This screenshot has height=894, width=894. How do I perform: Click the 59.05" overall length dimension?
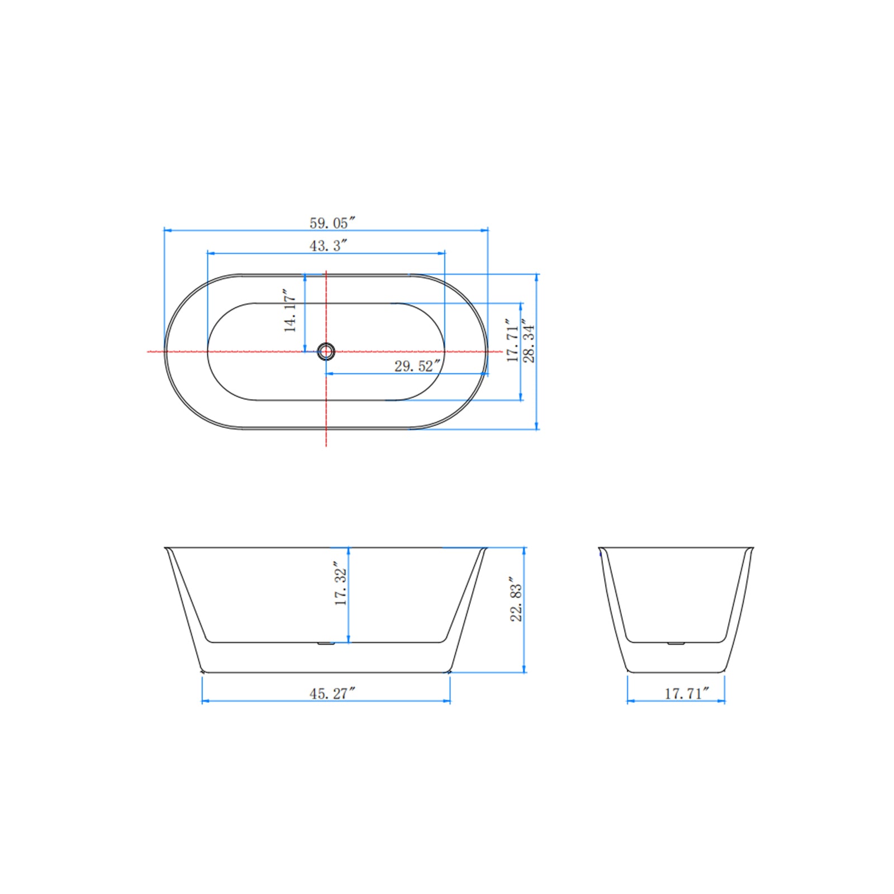point(332,223)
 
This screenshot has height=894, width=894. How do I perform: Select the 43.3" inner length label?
point(329,245)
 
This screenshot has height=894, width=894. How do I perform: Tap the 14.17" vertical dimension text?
point(290,311)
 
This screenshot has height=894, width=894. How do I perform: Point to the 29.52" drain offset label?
point(417,366)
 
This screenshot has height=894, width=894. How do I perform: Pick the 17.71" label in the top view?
point(512,341)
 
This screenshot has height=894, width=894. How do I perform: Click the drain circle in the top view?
point(326,351)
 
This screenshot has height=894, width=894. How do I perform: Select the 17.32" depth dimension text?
point(341,584)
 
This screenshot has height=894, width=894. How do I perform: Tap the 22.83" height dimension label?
point(516,601)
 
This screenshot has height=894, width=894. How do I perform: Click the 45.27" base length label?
point(332,693)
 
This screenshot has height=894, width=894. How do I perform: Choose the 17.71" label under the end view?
point(687,693)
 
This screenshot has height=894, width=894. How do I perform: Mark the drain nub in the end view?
point(676,643)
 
